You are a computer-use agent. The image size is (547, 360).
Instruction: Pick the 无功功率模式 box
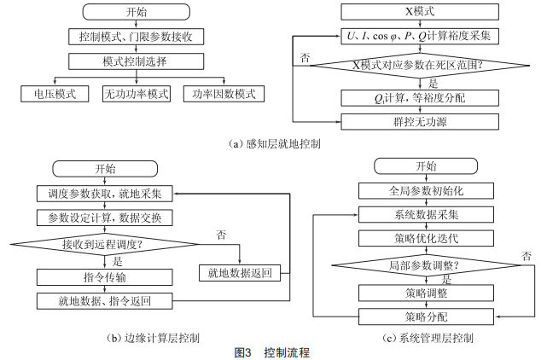[137, 94]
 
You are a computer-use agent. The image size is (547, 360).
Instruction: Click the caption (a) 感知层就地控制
[275, 144]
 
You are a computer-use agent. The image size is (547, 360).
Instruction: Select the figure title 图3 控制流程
[272, 351]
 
